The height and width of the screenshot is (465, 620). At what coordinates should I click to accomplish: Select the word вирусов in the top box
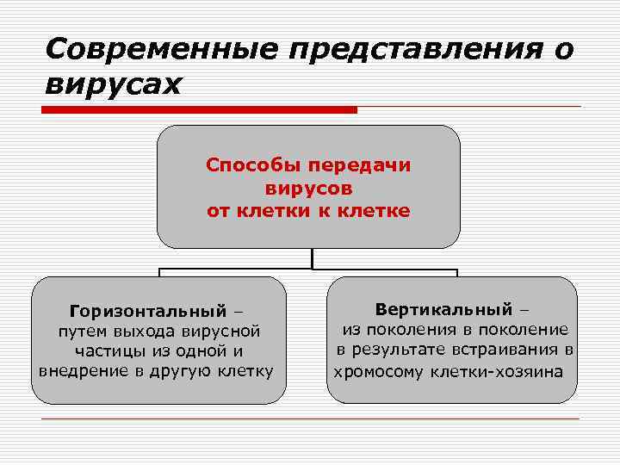(x=308, y=187)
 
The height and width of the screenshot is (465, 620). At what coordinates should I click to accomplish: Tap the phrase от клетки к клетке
(x=308, y=209)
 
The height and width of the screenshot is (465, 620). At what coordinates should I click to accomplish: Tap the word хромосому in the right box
(x=372, y=372)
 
